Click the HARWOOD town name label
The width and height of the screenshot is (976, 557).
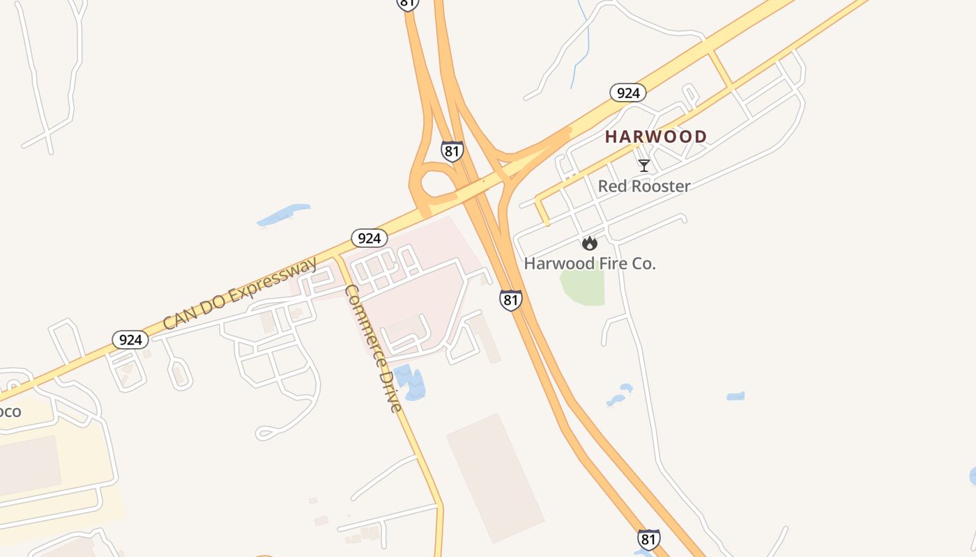(x=656, y=136)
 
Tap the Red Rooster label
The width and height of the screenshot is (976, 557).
(x=644, y=186)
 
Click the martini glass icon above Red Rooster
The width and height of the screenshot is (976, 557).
(x=644, y=166)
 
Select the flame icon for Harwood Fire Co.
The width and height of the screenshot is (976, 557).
(x=590, y=243)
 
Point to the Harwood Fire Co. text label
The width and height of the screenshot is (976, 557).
(x=590, y=263)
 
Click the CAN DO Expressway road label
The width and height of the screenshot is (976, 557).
(x=239, y=293)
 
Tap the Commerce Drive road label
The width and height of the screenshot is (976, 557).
(x=374, y=348)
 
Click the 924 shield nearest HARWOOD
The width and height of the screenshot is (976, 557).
(x=627, y=93)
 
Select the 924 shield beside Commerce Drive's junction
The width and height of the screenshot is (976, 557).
(x=369, y=238)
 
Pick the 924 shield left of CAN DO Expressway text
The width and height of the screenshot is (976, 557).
(x=130, y=340)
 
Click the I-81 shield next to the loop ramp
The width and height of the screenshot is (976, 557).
(x=452, y=151)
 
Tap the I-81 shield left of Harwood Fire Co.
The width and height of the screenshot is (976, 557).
(x=510, y=300)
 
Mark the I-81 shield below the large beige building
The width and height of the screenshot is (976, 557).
(x=648, y=539)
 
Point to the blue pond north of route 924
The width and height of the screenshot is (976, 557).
(x=284, y=215)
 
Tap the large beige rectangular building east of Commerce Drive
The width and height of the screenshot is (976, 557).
(x=494, y=478)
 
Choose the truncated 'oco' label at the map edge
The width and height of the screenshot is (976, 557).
(x=10, y=411)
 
